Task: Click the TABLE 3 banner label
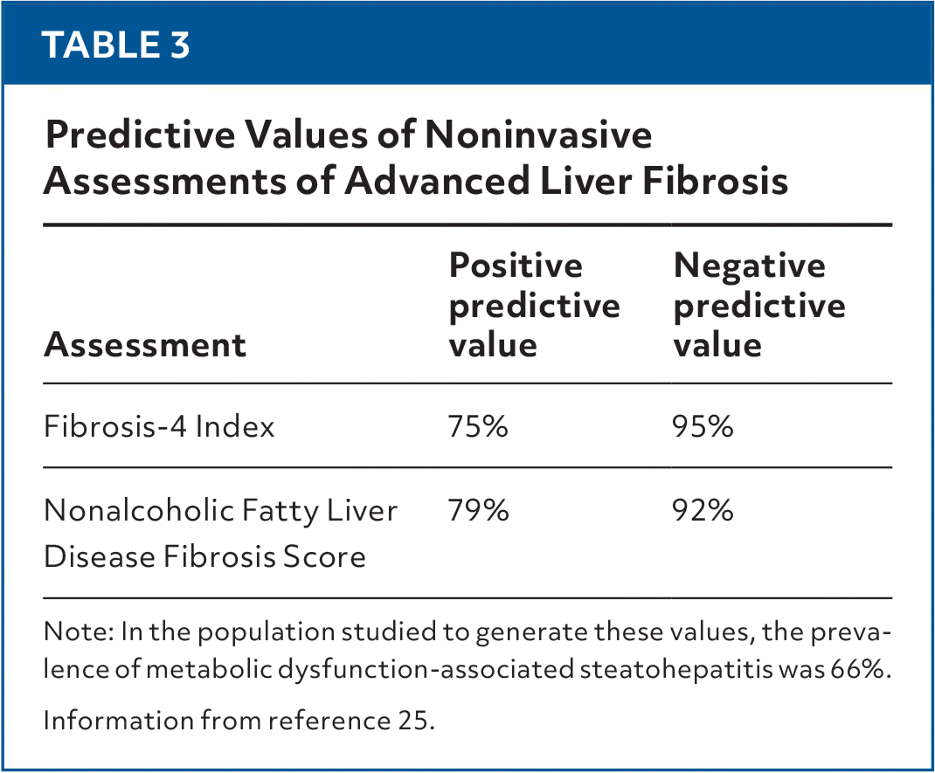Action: (116, 45)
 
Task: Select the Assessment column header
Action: (145, 345)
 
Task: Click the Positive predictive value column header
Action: (534, 305)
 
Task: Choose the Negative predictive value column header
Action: (759, 305)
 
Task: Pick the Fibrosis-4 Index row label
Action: (159, 426)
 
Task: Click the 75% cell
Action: (478, 426)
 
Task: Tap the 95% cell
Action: (703, 426)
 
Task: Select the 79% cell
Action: (478, 510)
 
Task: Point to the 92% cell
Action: (703, 510)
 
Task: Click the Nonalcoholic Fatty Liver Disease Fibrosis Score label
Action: (220, 532)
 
